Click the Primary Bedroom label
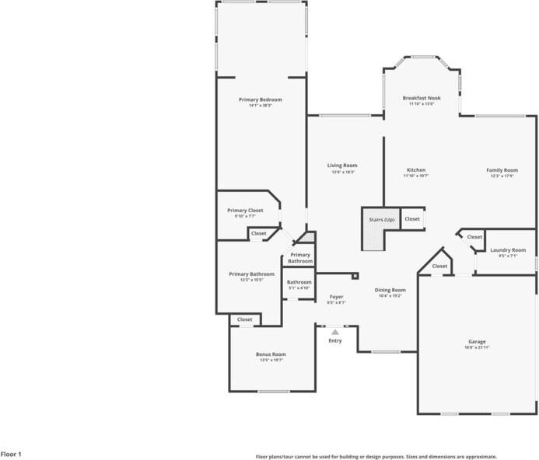point(260,99)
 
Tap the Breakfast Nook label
point(422,98)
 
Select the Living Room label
point(342,165)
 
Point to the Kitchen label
point(416,170)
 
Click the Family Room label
point(502,170)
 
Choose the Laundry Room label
point(507,250)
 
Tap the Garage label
point(477,342)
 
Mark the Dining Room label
point(390,290)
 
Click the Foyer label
point(336,297)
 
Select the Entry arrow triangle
point(335,332)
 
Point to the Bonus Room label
point(271,354)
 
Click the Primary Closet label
point(245,211)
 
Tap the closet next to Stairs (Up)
point(412,219)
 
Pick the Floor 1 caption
point(11,453)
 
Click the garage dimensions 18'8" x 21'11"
point(477,347)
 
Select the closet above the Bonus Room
point(244,319)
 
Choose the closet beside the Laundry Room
point(474,237)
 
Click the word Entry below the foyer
point(335,341)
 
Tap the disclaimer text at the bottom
point(376,457)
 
